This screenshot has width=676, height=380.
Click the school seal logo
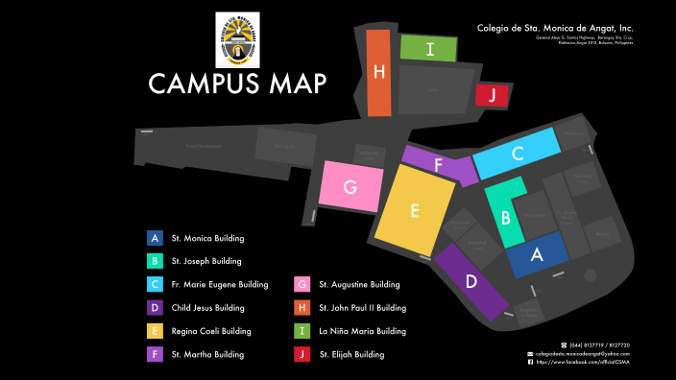[237, 39]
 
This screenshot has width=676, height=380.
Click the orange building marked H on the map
[378, 73]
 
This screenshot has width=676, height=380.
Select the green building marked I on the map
[427, 48]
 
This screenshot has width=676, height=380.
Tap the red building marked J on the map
[492, 95]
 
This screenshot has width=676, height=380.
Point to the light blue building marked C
[517, 153]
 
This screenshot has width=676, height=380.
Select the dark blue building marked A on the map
[536, 254]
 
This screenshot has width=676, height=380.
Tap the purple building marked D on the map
[471, 281]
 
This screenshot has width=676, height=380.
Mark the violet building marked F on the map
[439, 164]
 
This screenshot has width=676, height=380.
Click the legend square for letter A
[154, 238]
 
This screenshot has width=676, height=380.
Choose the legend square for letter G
[302, 284]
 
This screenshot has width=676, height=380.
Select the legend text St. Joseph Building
[205, 261]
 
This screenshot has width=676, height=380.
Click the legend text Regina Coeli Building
[211, 331]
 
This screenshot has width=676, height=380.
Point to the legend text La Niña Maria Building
[363, 331]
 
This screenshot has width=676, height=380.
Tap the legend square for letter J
[302, 354]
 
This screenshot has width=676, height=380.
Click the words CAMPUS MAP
[237, 83]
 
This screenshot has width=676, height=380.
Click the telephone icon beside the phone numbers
[564, 344]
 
